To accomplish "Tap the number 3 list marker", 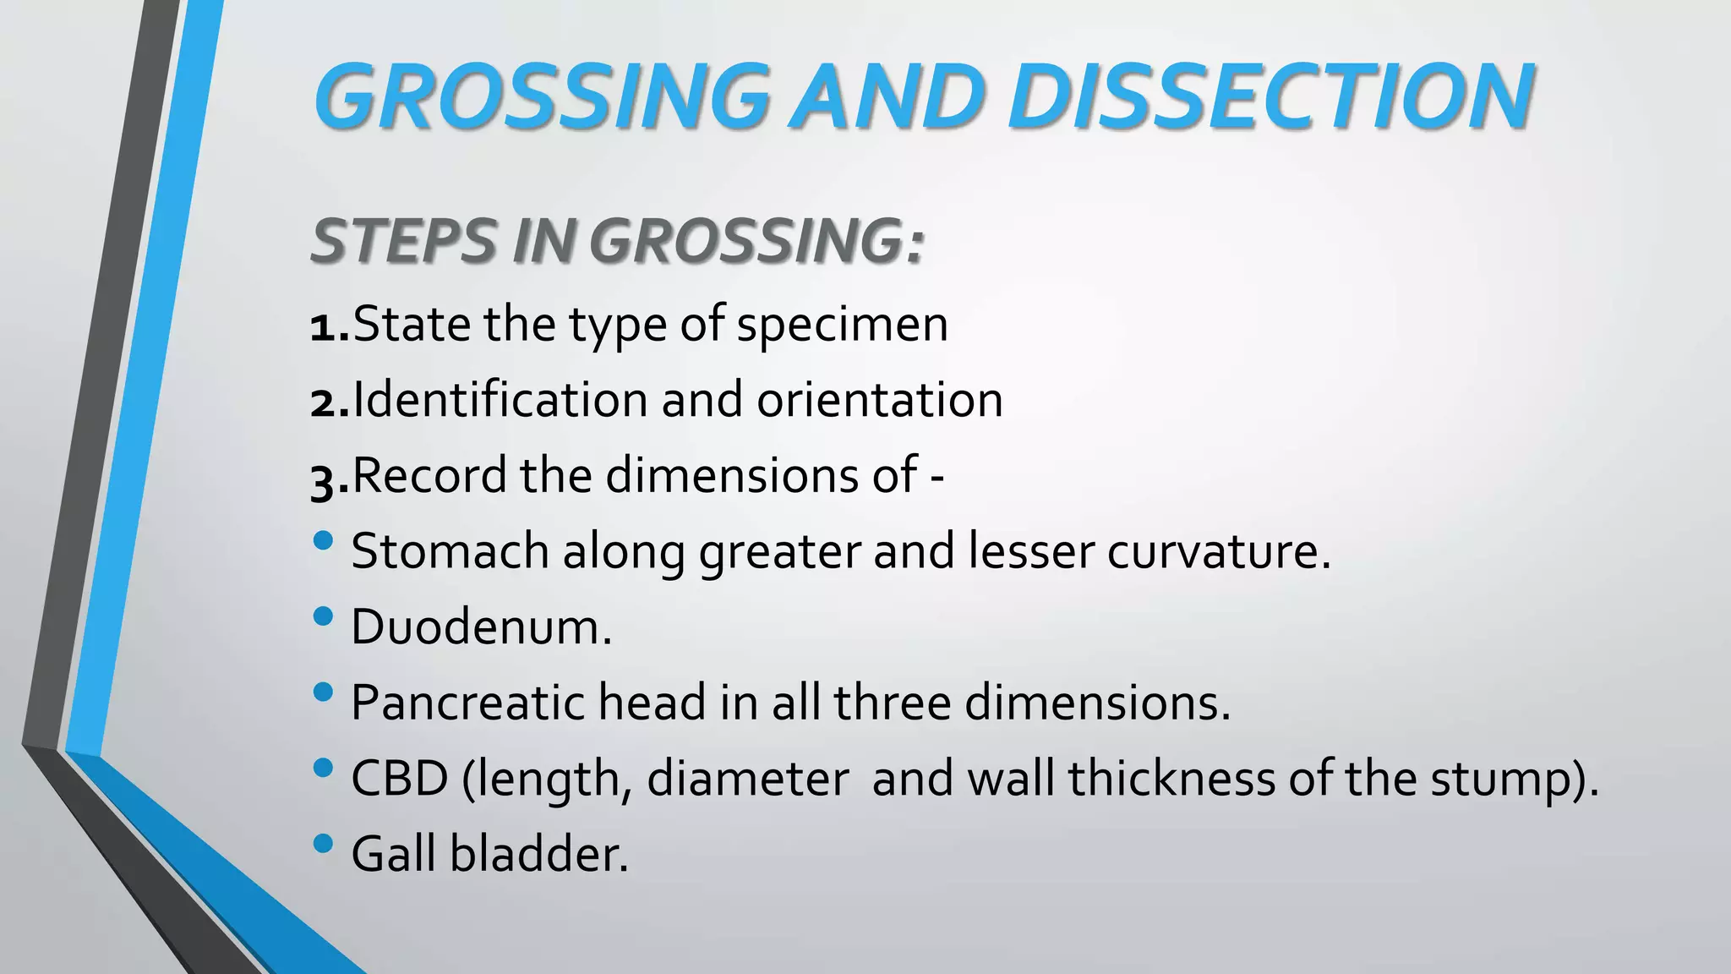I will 324,480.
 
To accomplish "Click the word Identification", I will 500,399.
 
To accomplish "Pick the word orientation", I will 879,401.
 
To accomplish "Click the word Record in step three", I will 429,475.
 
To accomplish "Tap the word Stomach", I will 450,551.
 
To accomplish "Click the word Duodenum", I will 480,627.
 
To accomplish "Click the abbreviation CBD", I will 399,779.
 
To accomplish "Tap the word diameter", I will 747,779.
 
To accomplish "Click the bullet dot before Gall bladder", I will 323,843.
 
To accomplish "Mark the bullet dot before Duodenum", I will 323,616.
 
